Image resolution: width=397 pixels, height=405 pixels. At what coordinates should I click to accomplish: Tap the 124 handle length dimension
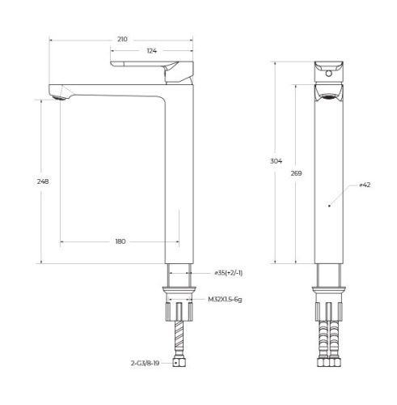point(151,51)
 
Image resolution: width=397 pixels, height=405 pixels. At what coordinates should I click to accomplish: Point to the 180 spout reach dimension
point(120,241)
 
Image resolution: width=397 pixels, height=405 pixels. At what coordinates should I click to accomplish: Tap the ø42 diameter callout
point(365,185)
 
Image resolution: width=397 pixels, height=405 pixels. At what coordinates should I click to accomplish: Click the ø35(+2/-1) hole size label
point(229,273)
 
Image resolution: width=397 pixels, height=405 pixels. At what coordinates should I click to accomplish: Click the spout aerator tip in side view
point(56,97)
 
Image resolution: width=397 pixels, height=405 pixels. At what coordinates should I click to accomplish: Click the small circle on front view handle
point(329,73)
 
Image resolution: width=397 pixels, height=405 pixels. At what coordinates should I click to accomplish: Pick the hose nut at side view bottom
point(180,364)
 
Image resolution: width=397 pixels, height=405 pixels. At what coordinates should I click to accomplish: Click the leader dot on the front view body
point(328,207)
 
